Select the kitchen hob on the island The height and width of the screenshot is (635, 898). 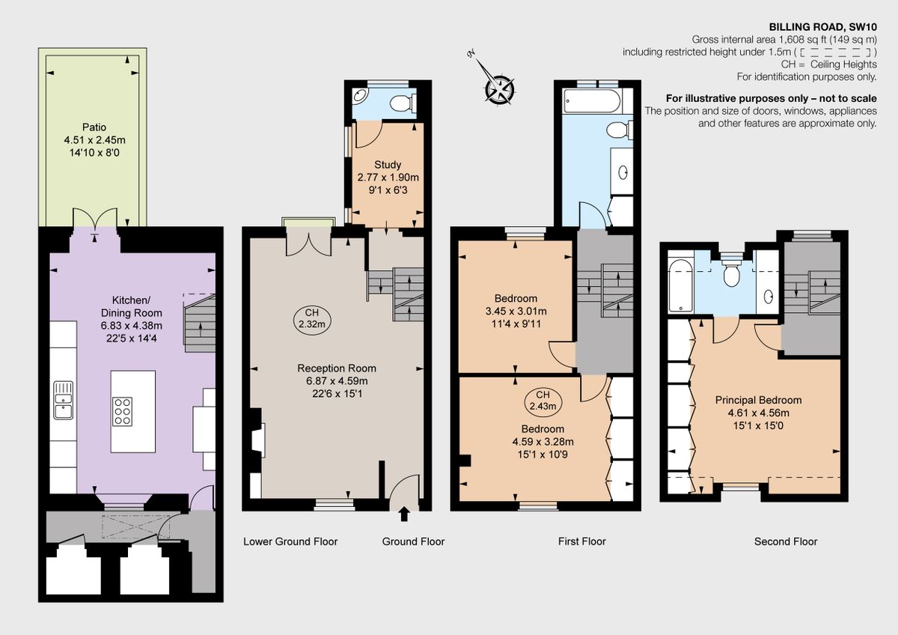point(122,411)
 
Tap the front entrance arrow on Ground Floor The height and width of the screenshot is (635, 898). point(405,514)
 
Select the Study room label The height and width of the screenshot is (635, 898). point(387,165)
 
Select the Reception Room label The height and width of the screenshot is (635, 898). point(337,368)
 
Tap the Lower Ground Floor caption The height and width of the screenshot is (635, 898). point(290,541)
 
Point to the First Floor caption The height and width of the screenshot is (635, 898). point(581,541)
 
